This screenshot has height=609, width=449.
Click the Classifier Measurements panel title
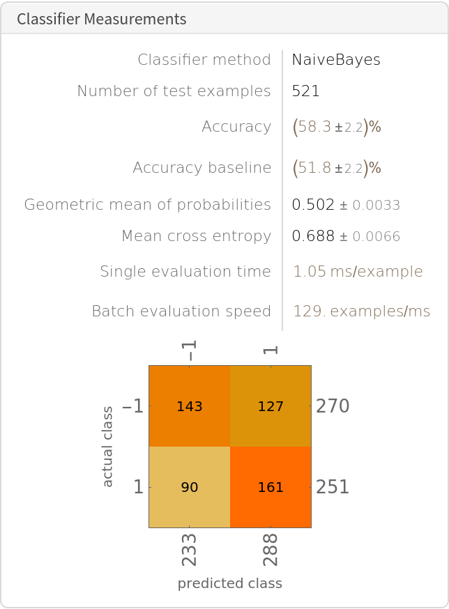pos(102,19)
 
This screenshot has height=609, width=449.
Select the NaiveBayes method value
pos(336,60)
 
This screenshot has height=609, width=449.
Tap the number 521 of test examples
pos(306,91)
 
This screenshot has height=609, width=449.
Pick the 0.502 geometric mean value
pos(313,205)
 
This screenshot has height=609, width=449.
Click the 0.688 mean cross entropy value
pos(313,236)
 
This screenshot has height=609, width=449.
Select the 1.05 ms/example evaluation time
pos(358,272)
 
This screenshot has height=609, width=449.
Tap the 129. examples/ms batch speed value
pos(361,311)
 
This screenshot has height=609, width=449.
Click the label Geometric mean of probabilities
pos(147,205)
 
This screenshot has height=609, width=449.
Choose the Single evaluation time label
pos(185,272)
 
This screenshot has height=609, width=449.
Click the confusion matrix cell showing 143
pos(190,406)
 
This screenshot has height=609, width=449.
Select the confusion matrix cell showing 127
pos(271,406)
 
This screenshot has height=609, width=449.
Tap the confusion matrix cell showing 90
pos(190,487)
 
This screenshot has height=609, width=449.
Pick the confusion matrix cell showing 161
pos(271,487)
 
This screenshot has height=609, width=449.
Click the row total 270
pos(333,406)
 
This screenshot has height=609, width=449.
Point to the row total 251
pos(333,487)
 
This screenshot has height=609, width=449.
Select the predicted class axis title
pos(230,584)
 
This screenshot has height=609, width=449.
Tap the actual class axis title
pos(107,447)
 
